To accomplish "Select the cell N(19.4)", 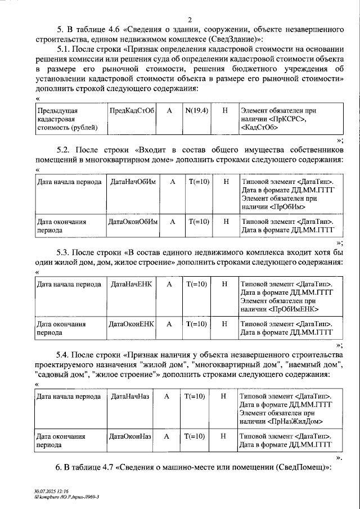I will [196, 110].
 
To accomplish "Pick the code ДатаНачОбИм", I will [133, 182].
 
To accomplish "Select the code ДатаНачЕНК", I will [131, 284].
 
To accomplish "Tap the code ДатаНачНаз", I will [130, 396].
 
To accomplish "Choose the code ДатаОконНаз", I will [130, 436].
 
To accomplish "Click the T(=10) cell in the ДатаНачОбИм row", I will [199, 182].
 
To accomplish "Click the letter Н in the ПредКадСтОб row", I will [224, 110].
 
